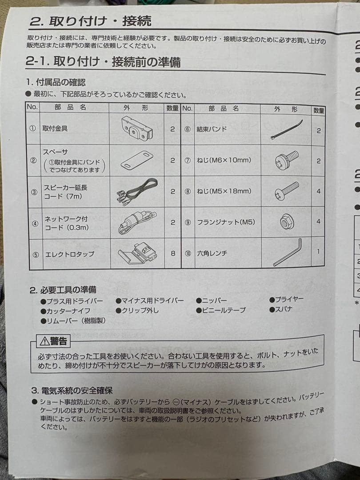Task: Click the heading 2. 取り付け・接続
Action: (x=90, y=20)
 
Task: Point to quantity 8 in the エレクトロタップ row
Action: (x=173, y=253)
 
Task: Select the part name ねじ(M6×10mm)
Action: (x=224, y=160)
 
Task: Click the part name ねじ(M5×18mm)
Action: (x=224, y=191)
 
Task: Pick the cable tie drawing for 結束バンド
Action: (x=287, y=129)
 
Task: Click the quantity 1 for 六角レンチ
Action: (x=318, y=251)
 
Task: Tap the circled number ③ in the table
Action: (x=34, y=192)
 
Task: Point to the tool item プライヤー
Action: (x=287, y=299)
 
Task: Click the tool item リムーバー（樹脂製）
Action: (x=73, y=320)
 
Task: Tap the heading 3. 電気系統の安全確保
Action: (x=72, y=391)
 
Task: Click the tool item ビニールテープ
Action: (x=221, y=310)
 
